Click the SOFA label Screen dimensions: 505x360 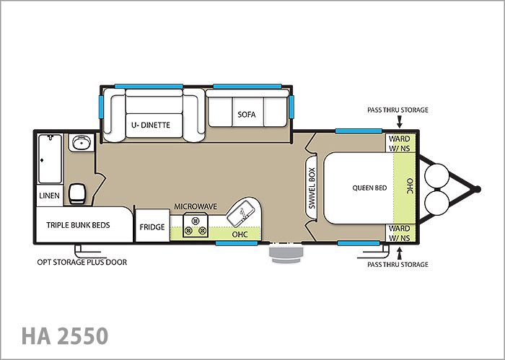point(247,114)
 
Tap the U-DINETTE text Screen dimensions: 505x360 point(151,125)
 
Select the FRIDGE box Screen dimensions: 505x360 point(152,225)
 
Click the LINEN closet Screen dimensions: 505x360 point(49,196)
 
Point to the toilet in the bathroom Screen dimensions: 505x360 point(78,193)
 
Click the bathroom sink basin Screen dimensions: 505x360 point(81,143)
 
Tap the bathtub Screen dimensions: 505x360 point(50,159)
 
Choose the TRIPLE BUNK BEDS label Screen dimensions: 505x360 point(78,225)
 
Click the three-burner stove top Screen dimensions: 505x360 point(195,226)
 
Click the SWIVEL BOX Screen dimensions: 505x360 point(312,188)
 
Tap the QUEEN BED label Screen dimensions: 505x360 point(369,188)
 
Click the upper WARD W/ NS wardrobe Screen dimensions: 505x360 point(400,143)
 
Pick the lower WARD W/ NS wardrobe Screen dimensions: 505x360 point(400,233)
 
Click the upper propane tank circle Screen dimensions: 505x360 point(436,176)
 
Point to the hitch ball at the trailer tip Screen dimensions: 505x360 point(478,189)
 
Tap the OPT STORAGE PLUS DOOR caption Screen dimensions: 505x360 point(82,262)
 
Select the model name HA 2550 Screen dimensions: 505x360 point(65,335)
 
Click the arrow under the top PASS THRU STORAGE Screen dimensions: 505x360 point(400,122)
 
